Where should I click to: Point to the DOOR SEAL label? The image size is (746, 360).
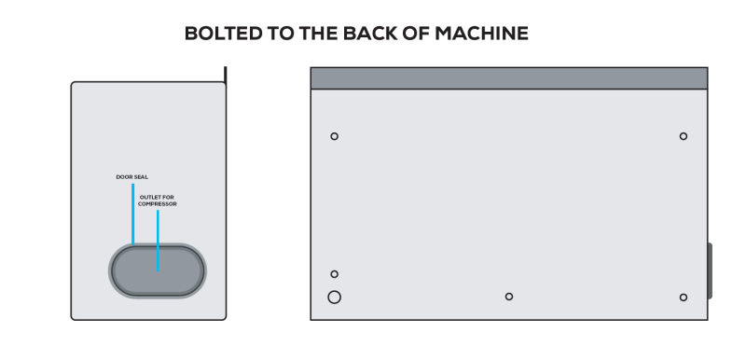(x=132, y=177)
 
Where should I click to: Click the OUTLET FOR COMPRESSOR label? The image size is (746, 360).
(x=157, y=201)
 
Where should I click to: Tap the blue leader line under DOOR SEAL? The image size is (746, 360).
(x=133, y=214)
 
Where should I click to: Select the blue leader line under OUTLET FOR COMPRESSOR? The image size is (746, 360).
(x=158, y=241)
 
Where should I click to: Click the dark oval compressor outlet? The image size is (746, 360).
(x=158, y=270)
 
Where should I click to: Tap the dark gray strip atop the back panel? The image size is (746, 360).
(x=509, y=78)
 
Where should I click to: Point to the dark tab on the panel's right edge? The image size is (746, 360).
(x=710, y=270)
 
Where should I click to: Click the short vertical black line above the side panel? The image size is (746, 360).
(x=226, y=77)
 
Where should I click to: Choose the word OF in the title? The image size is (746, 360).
(x=416, y=34)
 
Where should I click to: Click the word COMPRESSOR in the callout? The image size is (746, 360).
(x=157, y=204)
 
